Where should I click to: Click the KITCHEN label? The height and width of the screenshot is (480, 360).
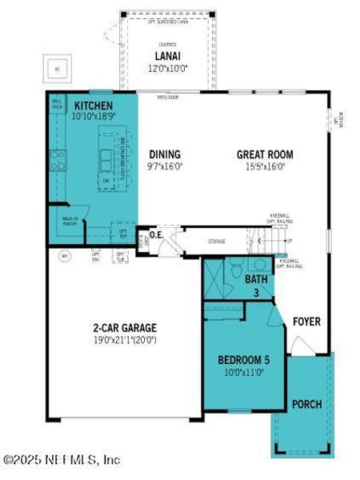tap(94, 106)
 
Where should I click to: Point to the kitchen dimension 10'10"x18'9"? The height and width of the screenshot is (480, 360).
tap(94, 118)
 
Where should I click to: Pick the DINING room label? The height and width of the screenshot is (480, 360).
tap(164, 154)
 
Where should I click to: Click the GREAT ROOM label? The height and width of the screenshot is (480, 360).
tap(265, 154)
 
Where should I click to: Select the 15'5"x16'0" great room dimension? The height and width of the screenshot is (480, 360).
tap(265, 166)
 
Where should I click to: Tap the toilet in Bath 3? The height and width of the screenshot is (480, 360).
tap(235, 269)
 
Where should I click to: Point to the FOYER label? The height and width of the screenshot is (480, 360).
tap(306, 322)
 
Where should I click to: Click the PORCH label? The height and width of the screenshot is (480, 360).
tap(306, 404)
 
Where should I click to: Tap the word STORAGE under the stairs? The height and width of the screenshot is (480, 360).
tap(217, 241)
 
